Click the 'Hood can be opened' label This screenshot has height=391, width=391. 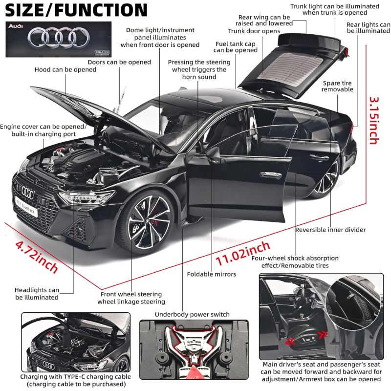click(65, 69)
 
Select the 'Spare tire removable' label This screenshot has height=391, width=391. click(337, 86)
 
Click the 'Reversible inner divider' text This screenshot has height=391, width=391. click(330, 230)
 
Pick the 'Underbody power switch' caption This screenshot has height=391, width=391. click(192, 314)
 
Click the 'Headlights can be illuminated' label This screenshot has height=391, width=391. click(37, 293)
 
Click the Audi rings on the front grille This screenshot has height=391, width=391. click(28, 194)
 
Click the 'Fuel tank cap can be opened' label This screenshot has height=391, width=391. click(237, 47)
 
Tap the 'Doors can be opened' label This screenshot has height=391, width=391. click(119, 62)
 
